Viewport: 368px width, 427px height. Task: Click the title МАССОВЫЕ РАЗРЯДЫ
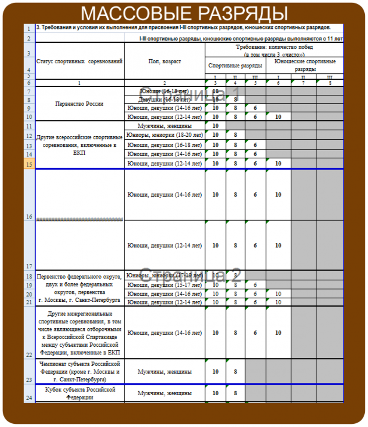(x=184, y=13)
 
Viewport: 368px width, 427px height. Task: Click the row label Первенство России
(x=79, y=104)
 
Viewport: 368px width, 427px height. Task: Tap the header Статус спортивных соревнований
(x=79, y=62)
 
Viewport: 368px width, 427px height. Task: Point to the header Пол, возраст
(x=164, y=62)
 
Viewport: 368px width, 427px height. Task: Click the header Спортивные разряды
(x=236, y=66)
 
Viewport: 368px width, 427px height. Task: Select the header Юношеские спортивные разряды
(x=305, y=66)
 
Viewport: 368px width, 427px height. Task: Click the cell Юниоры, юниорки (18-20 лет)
(x=164, y=135)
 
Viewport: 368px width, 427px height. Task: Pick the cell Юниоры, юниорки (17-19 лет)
(x=164, y=276)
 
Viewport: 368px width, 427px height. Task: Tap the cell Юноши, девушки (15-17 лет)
(x=164, y=285)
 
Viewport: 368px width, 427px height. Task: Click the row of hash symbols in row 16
(x=79, y=220)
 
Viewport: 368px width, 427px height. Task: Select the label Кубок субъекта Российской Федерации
(x=79, y=393)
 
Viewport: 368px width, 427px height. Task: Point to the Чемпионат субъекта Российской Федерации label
(x=79, y=371)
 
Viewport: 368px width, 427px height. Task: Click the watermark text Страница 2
(x=190, y=276)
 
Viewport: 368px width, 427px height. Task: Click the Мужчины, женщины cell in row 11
(x=164, y=126)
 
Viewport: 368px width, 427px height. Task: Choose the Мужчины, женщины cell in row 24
(x=164, y=393)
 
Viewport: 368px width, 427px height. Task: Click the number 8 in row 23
(x=236, y=371)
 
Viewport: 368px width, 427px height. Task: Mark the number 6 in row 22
(x=255, y=333)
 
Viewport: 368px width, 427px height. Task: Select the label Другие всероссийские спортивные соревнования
(x=79, y=145)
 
